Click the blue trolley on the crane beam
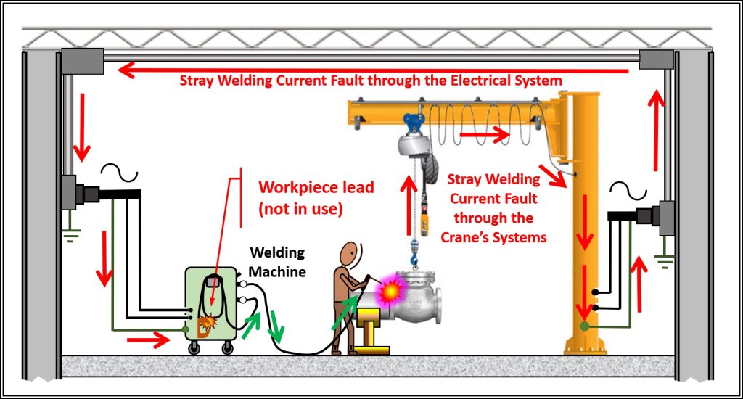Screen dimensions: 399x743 click(x=414, y=123)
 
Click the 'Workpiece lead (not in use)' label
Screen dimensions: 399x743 click(x=316, y=197)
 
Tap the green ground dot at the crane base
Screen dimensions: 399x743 click(x=584, y=326)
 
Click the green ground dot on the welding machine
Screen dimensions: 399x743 click(x=185, y=329)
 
